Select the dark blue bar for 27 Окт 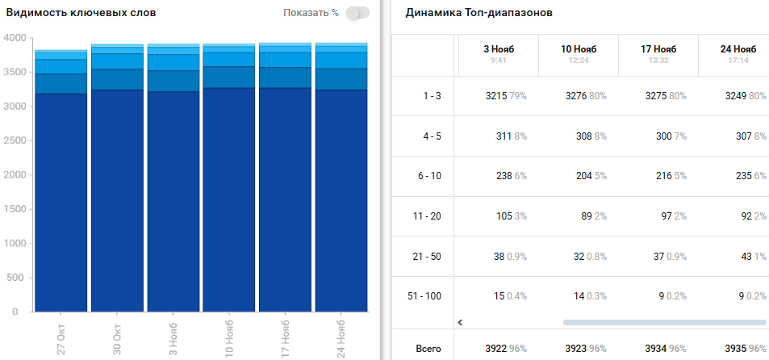(61, 202)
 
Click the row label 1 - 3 (433, 96)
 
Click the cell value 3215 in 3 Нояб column (496, 96)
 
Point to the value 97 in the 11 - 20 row (665, 216)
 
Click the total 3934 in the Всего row (657, 349)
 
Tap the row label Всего (428, 349)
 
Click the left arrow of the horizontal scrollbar (460, 322)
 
